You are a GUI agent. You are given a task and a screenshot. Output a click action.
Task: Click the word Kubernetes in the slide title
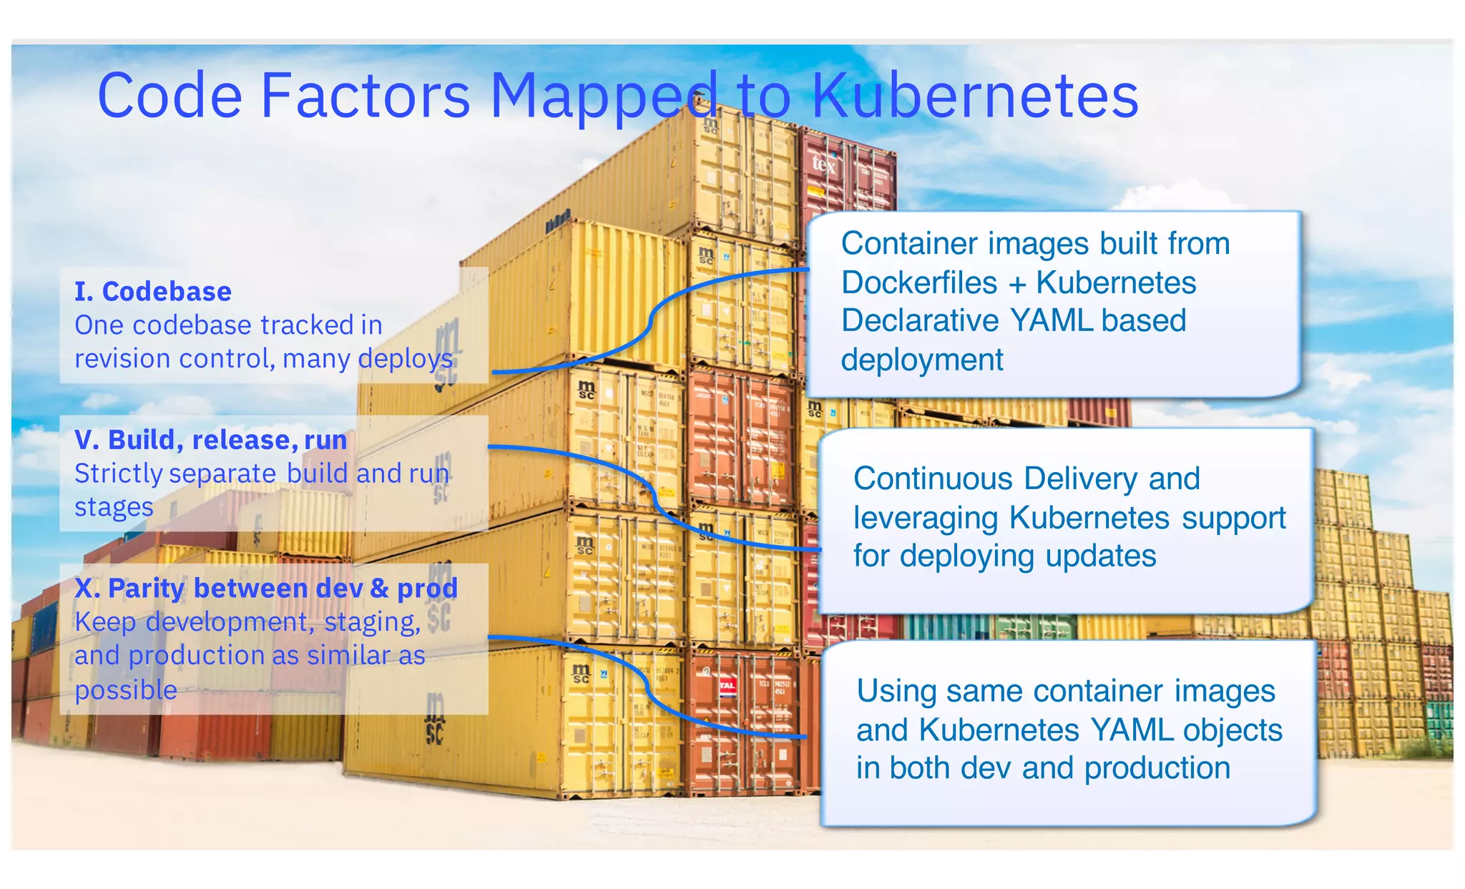(x=974, y=96)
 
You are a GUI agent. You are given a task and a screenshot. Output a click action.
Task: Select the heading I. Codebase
(x=153, y=292)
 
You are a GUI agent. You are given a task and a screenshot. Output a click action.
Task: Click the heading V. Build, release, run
(x=210, y=440)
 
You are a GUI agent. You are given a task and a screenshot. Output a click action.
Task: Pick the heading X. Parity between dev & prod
(x=265, y=588)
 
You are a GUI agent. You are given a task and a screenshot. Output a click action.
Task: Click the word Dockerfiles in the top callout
(x=918, y=283)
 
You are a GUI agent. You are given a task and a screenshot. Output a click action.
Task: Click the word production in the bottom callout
(x=1157, y=768)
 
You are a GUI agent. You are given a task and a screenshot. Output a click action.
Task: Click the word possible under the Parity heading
(x=126, y=690)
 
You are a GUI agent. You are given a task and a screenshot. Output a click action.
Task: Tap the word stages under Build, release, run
(x=114, y=507)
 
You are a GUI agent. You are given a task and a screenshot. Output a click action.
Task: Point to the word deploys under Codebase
(x=406, y=358)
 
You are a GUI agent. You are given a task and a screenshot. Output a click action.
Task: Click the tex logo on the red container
(x=823, y=164)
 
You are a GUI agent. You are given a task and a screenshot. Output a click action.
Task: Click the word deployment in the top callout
(x=921, y=360)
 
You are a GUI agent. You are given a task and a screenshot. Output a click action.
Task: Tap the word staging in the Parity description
(x=371, y=622)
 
